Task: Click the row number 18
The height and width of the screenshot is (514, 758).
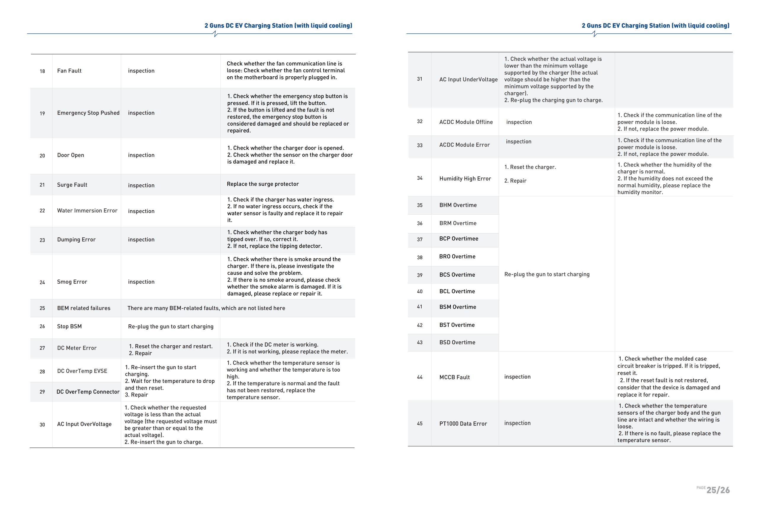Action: (42, 71)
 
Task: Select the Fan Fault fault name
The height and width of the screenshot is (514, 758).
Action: (69, 71)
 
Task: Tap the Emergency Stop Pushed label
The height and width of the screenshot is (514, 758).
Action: (88, 113)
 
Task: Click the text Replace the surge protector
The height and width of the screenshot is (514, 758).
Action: (263, 184)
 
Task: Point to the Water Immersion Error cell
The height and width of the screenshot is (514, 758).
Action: (87, 211)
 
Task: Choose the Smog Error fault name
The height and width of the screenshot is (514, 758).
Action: (72, 282)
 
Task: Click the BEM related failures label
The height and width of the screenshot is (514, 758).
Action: (83, 308)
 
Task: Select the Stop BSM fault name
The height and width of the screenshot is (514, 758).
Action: (70, 326)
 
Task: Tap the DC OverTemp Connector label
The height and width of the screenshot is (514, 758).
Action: (88, 391)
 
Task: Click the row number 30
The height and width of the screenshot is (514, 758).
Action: (42, 425)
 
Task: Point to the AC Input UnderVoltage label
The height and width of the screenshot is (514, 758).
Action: (468, 80)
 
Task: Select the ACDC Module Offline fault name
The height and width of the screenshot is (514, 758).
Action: (466, 122)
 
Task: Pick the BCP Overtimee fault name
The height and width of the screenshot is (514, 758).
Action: (459, 239)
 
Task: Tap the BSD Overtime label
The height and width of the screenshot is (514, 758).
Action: (457, 342)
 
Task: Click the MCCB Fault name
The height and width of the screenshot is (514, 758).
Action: (454, 377)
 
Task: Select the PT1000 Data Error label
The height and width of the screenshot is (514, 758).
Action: (463, 423)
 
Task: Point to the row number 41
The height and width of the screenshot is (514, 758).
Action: (420, 307)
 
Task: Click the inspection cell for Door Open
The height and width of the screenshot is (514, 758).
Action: (141, 155)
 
